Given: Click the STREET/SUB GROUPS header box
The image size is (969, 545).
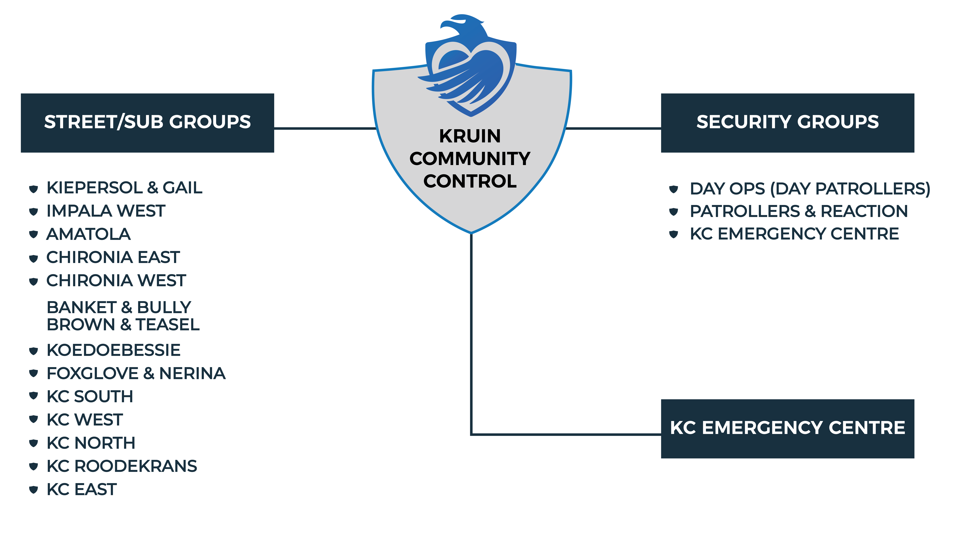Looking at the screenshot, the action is (x=148, y=123).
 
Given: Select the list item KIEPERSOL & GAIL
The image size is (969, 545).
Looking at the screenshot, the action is (x=124, y=188).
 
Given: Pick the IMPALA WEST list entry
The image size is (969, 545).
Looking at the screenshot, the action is (x=106, y=211).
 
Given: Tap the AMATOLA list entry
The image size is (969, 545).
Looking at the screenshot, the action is (x=88, y=234).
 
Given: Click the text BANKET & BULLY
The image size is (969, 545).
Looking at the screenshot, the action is (x=119, y=307).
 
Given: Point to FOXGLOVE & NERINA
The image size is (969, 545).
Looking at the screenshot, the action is (x=136, y=374).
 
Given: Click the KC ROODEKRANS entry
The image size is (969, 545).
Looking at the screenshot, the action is (x=121, y=466).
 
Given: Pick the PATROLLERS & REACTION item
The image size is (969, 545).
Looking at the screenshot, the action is (x=799, y=211).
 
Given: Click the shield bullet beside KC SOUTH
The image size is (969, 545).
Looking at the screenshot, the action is (x=33, y=396).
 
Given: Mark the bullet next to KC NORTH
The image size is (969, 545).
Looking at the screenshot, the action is (x=33, y=443).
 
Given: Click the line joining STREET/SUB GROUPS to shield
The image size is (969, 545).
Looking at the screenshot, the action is (x=325, y=128).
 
